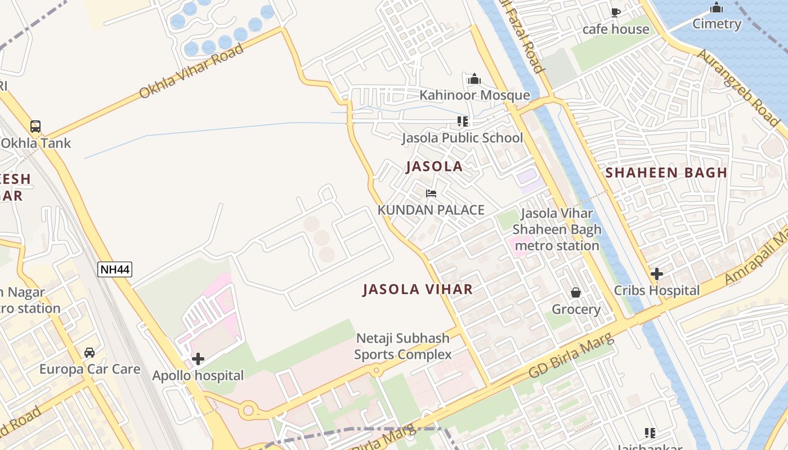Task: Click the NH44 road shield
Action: coord(115,269)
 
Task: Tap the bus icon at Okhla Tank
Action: coord(35,127)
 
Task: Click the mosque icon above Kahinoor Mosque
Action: coord(474,79)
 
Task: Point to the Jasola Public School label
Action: coord(462,138)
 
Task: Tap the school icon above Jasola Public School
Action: coord(463,121)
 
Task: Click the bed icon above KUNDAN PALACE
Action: coord(431,193)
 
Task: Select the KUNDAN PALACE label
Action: coord(431,210)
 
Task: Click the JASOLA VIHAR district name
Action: coord(418,290)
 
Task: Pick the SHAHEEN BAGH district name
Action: coord(666,173)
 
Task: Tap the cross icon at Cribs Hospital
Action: coord(656,274)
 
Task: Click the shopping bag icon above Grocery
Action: coord(576,292)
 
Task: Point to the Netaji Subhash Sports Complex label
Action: coord(402,346)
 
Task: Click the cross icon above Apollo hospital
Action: coord(198,359)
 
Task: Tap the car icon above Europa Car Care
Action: coord(89,353)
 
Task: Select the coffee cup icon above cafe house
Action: coord(615,12)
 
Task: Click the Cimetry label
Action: coord(717,24)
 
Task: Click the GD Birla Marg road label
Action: coord(571,357)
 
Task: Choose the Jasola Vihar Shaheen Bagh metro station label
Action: coord(557,229)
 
